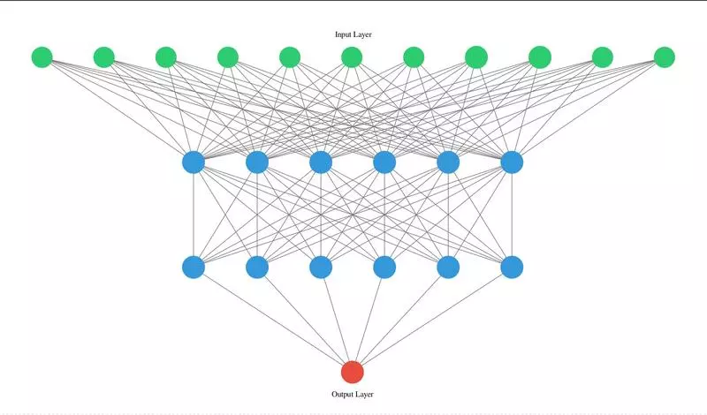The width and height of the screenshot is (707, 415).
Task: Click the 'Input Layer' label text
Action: pyautogui.click(x=353, y=34)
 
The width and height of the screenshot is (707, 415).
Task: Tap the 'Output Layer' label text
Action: pyautogui.click(x=353, y=394)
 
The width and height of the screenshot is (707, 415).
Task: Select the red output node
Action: pyautogui.click(x=353, y=372)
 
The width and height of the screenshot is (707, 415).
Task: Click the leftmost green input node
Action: pyautogui.click(x=42, y=57)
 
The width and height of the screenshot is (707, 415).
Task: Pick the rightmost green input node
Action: pyautogui.click(x=665, y=57)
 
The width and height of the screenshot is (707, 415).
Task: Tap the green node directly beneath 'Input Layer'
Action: pyautogui.click(x=353, y=57)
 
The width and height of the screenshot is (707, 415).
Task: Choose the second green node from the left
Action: pyautogui.click(x=104, y=57)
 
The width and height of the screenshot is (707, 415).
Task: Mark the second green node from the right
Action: pyautogui.click(x=602, y=57)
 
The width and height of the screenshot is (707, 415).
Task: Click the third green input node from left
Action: pyautogui.click(x=166, y=57)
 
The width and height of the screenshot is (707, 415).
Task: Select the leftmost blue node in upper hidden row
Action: pyautogui.click(x=194, y=162)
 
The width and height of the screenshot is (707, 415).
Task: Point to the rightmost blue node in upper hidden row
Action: pyautogui.click(x=512, y=162)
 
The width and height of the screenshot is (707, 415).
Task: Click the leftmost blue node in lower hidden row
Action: pyautogui.click(x=194, y=267)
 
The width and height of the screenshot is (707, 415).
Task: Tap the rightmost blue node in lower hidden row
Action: pyautogui.click(x=512, y=267)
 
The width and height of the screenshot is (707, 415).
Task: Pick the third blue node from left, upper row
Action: pyautogui.click(x=321, y=162)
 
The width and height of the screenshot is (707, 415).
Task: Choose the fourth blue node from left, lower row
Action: pyautogui.click(x=384, y=267)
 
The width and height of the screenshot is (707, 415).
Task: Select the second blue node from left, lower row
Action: pyautogui.click(x=257, y=267)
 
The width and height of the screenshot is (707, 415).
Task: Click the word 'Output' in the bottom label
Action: pyautogui.click(x=343, y=394)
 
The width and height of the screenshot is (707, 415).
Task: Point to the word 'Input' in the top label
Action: pyautogui.click(x=342, y=34)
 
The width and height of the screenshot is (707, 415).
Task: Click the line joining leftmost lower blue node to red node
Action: pyautogui.click(x=273, y=319)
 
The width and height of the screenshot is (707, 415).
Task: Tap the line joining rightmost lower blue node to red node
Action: pyautogui.click(x=432, y=319)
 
